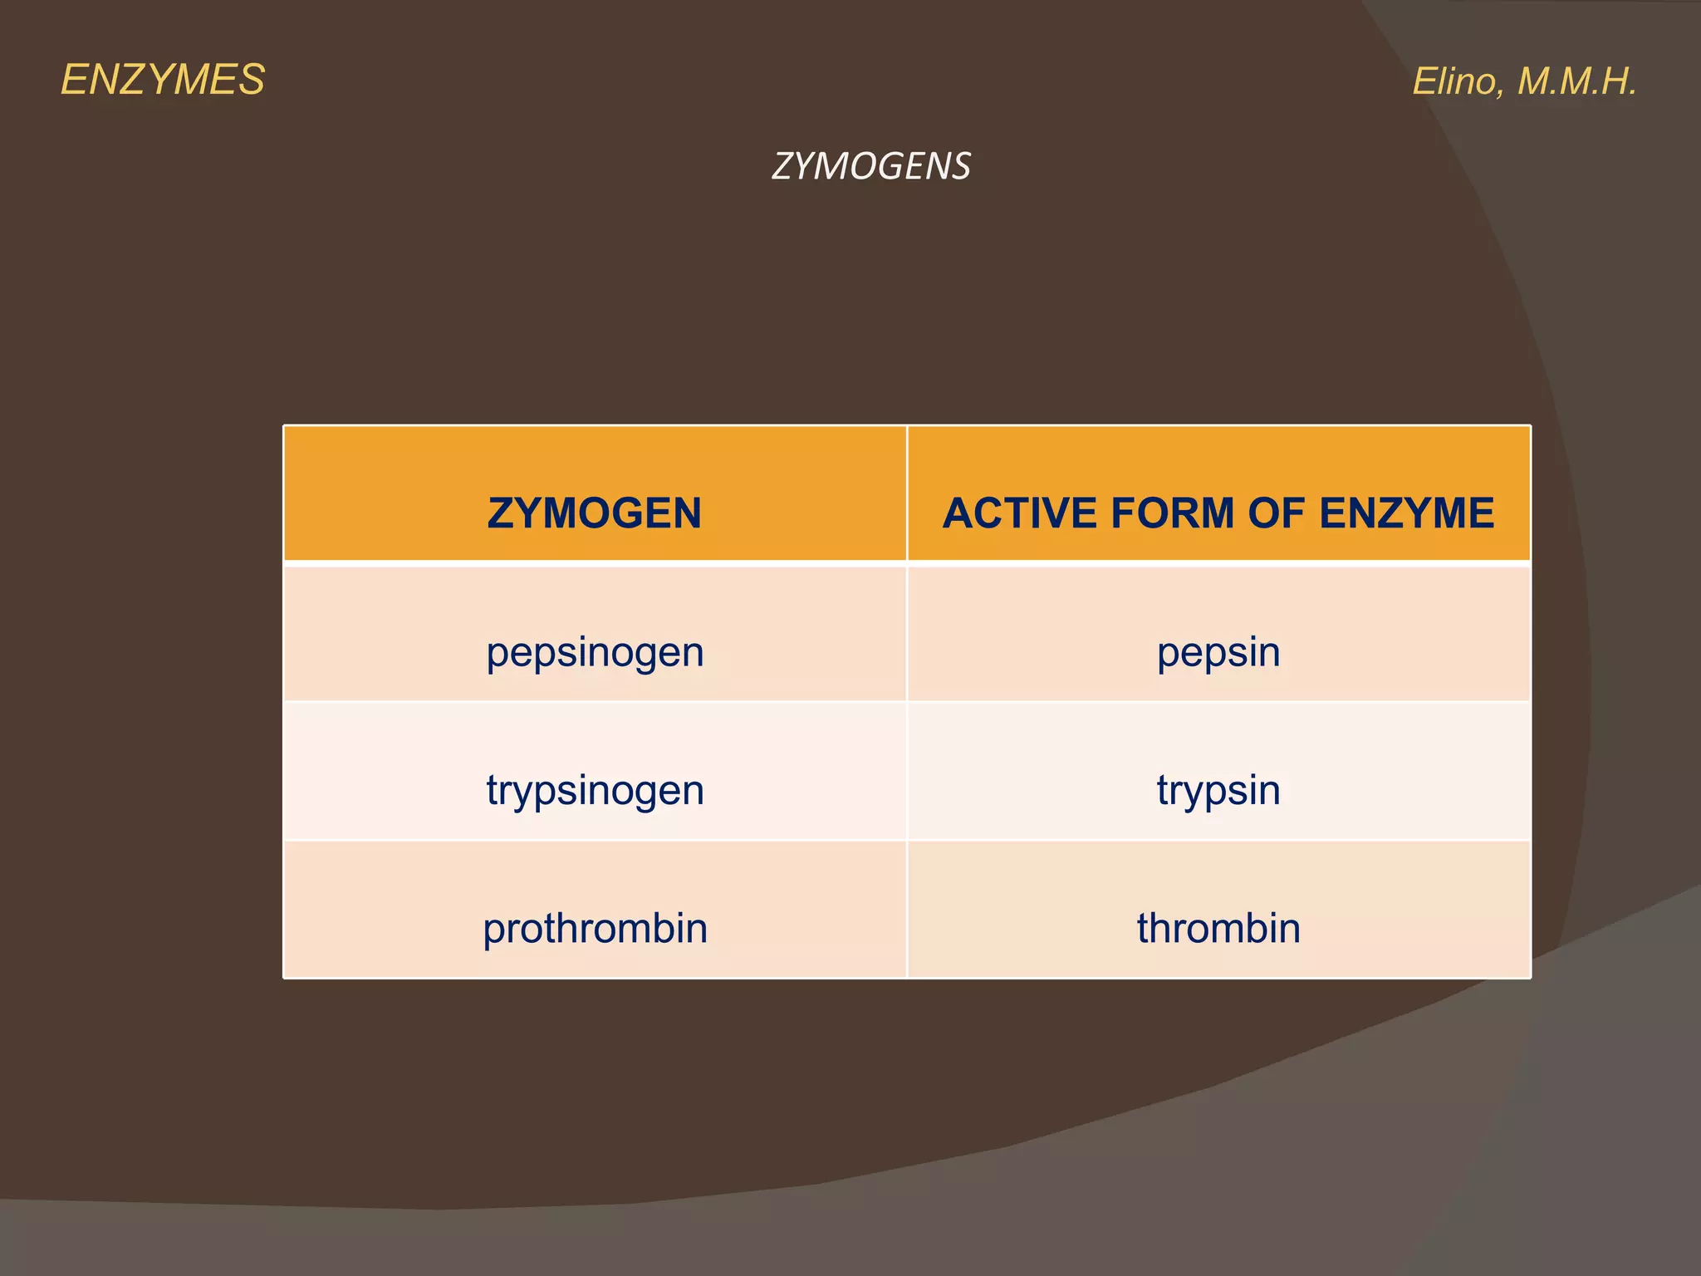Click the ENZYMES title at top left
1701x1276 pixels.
point(163,81)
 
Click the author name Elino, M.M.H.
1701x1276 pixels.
point(1524,81)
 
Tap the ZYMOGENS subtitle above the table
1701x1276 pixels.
point(870,166)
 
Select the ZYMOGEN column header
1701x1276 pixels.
point(595,513)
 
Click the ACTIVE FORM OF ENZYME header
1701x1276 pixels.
point(1218,513)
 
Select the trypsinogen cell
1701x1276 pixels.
point(595,790)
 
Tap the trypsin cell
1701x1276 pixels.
point(1218,790)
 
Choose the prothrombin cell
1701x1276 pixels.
point(595,928)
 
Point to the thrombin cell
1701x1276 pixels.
point(1218,928)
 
